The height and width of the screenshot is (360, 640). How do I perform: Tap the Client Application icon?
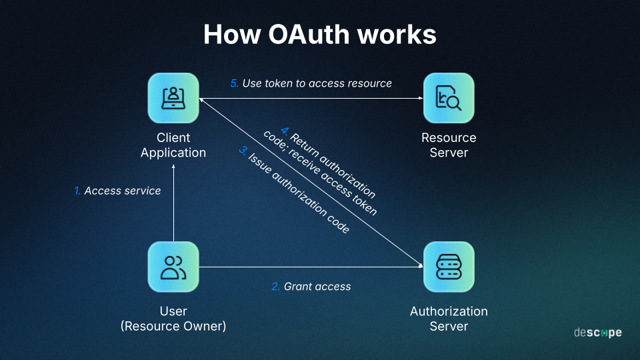click(173, 98)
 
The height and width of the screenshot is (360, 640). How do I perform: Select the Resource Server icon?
click(449, 98)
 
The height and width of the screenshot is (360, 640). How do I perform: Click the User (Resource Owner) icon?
click(173, 267)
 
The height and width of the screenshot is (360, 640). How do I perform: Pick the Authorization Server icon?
click(449, 267)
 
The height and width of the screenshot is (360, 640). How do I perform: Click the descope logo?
click(597, 333)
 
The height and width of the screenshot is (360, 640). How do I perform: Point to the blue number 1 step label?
click(77, 191)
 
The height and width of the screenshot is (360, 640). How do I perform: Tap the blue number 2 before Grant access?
click(275, 287)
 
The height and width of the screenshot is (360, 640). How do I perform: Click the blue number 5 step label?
click(234, 83)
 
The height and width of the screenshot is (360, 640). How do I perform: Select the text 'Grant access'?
click(317, 287)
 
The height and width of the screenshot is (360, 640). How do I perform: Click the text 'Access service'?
click(123, 191)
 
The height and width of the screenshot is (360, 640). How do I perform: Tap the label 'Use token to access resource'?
click(317, 83)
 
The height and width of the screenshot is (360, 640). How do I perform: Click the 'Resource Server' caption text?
click(449, 145)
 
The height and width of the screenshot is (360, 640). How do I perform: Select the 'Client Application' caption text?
click(173, 145)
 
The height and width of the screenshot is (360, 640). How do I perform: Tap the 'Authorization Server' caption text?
click(449, 319)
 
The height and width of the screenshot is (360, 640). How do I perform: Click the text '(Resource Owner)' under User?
click(173, 326)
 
